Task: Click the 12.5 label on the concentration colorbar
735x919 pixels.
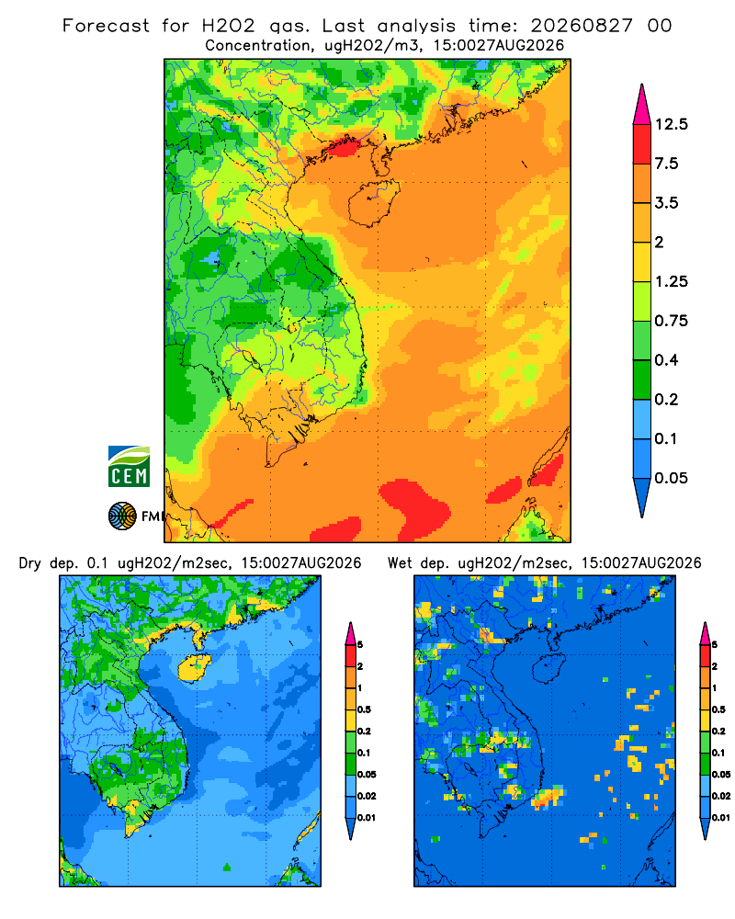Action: click(x=671, y=124)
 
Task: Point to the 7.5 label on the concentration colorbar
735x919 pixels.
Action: click(x=666, y=164)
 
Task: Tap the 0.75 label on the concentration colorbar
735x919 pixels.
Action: click(x=671, y=321)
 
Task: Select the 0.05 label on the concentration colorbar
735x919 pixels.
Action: click(x=671, y=478)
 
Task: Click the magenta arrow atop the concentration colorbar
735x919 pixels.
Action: click(x=642, y=105)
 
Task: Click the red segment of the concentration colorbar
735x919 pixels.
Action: click(x=642, y=144)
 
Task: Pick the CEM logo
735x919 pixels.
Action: click(x=129, y=466)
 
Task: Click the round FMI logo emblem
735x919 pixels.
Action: click(x=122, y=516)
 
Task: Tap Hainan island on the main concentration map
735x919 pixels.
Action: click(x=374, y=203)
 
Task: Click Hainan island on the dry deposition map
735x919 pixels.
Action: click(x=195, y=667)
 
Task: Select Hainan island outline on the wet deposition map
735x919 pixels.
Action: click(x=549, y=667)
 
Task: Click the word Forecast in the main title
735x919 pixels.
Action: click(x=106, y=26)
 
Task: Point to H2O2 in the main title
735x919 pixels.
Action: click(x=228, y=26)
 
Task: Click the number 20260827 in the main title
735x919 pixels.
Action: click(x=582, y=26)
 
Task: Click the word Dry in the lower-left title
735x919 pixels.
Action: click(x=30, y=563)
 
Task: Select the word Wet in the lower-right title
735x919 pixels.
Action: click(x=401, y=563)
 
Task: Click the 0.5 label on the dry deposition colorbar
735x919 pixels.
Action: click(x=364, y=709)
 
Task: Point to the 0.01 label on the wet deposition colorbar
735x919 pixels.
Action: click(x=720, y=818)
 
